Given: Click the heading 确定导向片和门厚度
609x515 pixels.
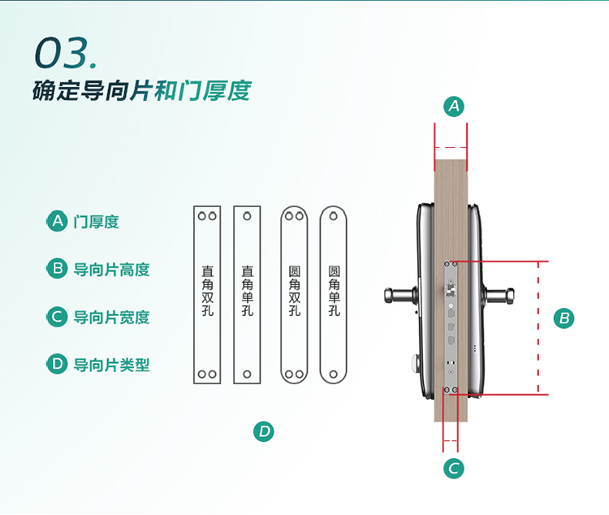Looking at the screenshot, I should [141, 90].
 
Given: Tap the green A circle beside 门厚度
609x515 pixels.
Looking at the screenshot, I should [56, 221].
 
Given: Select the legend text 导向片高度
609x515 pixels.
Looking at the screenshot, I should [111, 269].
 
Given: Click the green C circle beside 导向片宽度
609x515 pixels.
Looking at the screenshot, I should [56, 317].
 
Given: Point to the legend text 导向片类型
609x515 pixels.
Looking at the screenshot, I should [111, 365].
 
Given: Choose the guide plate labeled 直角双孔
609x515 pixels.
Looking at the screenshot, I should [207, 295].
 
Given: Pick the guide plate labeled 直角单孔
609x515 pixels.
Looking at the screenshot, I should [247, 295].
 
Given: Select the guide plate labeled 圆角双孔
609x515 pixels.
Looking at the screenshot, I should [294, 295].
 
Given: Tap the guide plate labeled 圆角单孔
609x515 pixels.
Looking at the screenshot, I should [334, 295].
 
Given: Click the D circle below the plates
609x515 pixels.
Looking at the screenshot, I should [264, 431].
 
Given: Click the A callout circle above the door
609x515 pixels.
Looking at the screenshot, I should [455, 106].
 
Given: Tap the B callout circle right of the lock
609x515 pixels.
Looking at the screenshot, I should [564, 318].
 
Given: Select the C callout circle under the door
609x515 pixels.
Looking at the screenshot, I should [455, 468].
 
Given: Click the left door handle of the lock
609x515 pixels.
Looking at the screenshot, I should [398, 291].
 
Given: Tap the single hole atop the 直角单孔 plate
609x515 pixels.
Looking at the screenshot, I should [247, 217].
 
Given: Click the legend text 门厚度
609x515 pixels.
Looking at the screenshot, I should [96, 221].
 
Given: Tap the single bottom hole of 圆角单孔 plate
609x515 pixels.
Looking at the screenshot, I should [334, 374].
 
